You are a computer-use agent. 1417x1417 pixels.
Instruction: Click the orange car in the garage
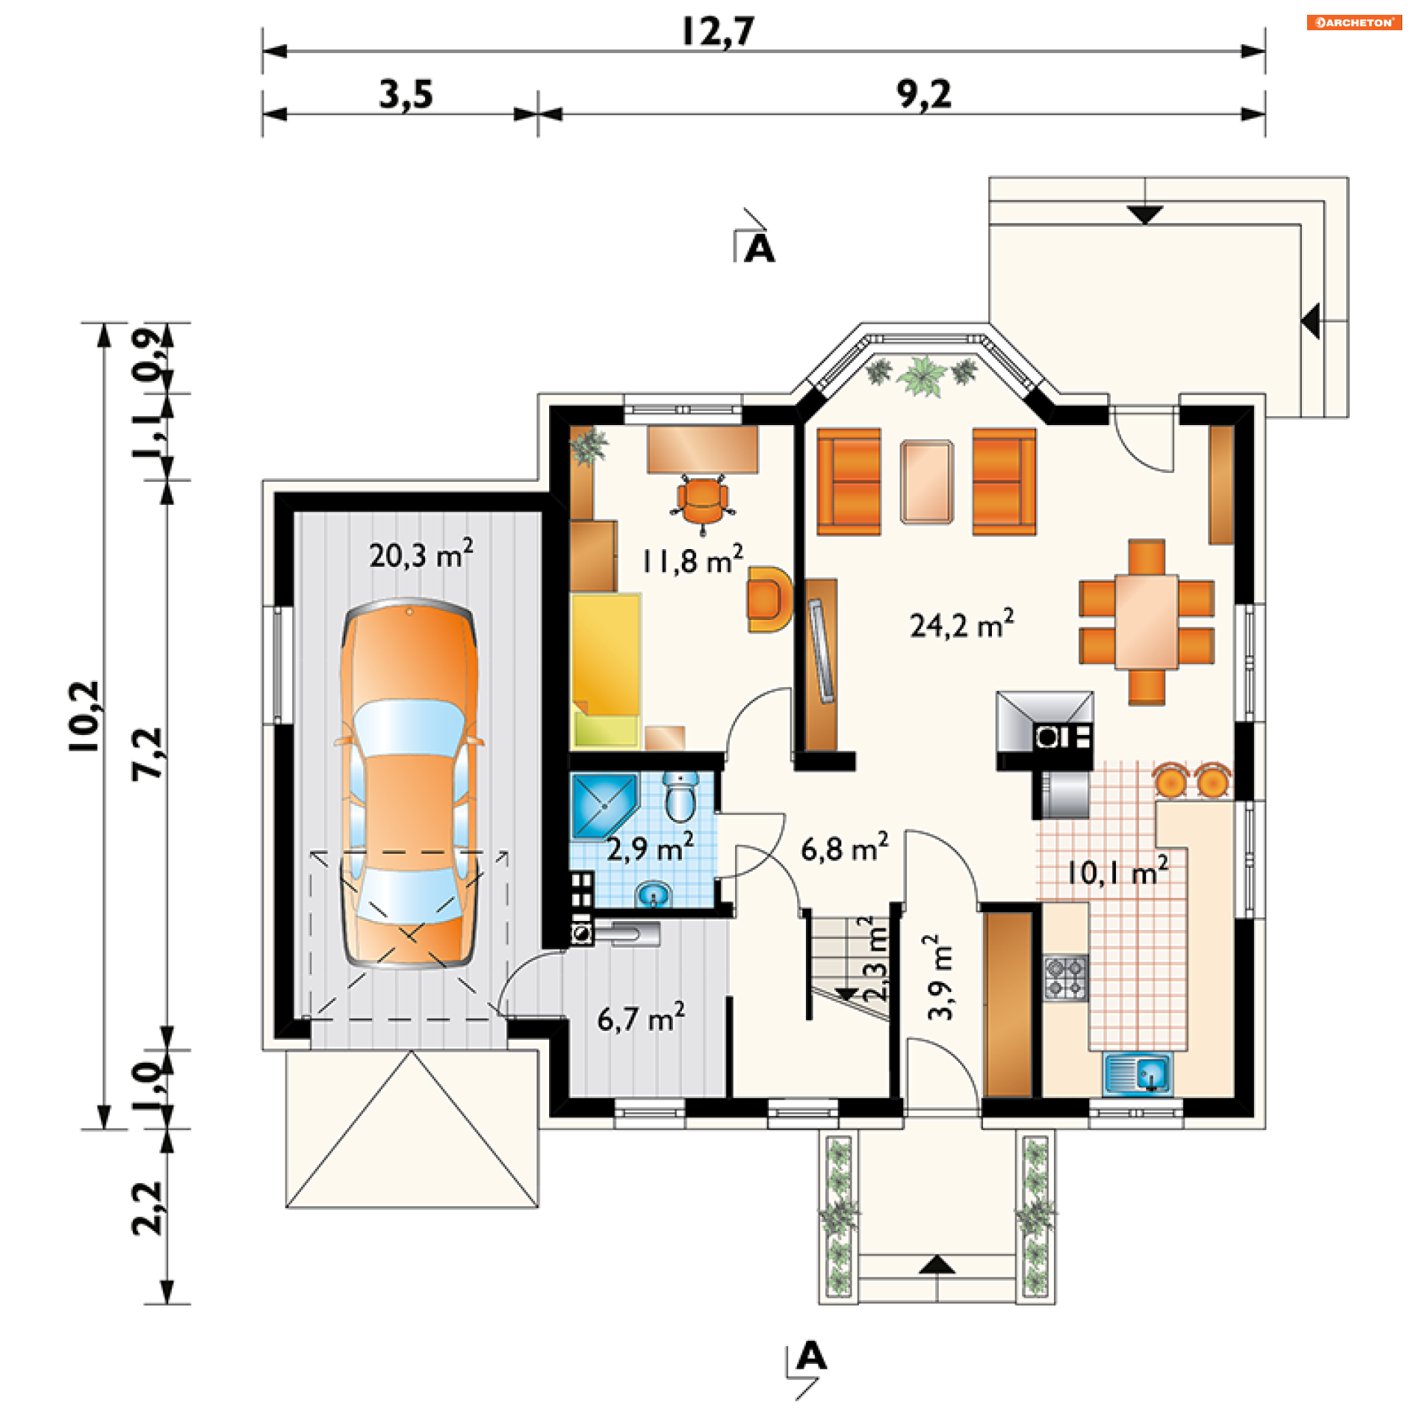coord(409,783)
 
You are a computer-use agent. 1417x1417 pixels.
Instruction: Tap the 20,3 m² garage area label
coord(421,554)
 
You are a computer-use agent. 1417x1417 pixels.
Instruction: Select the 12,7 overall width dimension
coord(718,31)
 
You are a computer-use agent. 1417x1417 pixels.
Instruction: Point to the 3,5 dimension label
coord(406,94)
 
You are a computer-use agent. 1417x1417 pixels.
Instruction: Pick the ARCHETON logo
coord(1354,22)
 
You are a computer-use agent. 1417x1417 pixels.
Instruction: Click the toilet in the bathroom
coord(680,796)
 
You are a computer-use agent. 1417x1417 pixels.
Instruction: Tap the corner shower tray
coord(604,805)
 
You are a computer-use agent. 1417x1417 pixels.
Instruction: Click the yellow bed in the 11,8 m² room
coord(606,669)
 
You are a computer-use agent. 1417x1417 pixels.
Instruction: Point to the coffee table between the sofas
coord(926,482)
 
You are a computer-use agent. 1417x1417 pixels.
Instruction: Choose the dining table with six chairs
coord(1146,622)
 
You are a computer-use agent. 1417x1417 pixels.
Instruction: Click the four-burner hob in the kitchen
coord(1065,977)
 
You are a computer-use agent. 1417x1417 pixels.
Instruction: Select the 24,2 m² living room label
coord(962,624)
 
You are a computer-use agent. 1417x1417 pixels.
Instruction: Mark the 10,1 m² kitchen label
coord(1117,872)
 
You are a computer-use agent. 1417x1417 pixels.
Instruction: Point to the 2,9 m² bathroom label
coord(649,848)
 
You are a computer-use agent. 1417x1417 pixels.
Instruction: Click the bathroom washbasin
coord(653,894)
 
